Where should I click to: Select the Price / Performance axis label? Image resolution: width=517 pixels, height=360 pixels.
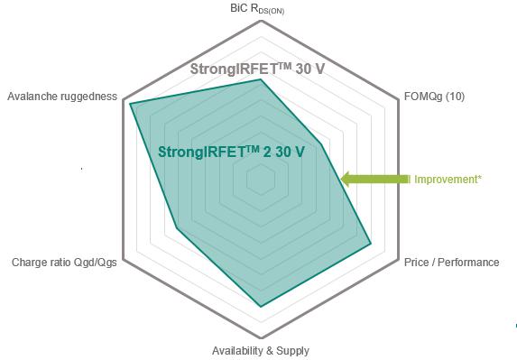[451, 263]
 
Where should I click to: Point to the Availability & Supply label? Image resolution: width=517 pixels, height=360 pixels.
[260, 350]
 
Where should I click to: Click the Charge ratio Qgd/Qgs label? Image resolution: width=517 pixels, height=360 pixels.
[64, 263]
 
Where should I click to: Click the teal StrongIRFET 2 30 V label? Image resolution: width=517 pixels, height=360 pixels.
[230, 152]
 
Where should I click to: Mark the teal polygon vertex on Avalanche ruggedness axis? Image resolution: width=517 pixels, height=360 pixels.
[130, 104]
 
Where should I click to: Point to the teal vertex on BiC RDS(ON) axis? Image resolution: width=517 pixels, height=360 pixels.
[261, 79]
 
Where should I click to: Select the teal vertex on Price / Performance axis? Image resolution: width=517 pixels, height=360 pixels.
[371, 244]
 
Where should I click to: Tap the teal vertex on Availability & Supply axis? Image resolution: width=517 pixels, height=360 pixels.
[261, 307]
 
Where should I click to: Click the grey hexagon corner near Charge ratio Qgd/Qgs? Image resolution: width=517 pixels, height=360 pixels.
[123, 260]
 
